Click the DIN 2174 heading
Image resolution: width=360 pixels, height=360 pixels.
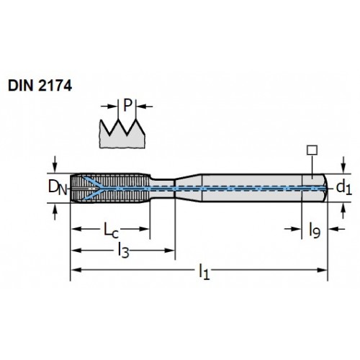click(x=40, y=86)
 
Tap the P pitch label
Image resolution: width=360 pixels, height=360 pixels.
click(x=127, y=105)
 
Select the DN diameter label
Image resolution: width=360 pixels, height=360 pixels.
click(x=58, y=187)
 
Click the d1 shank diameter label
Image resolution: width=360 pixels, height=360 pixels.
click(x=344, y=187)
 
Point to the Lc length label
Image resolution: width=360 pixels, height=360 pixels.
click(x=111, y=230)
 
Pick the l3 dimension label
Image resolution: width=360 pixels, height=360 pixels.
click(x=123, y=251)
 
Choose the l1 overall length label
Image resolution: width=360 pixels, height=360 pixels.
click(x=204, y=271)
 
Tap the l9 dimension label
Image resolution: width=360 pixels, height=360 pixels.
click(x=315, y=230)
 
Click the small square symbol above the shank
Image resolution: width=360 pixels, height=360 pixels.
click(x=312, y=150)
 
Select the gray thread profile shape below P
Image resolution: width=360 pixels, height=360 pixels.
click(x=122, y=137)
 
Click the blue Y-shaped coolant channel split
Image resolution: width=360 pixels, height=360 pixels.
click(x=95, y=189)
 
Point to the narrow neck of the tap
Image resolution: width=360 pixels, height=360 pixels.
click(x=162, y=189)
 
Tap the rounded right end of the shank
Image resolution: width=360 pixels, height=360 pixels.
click(x=325, y=188)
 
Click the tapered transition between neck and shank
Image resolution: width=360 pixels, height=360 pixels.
click(x=188, y=188)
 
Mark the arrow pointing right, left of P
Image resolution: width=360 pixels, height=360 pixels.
click(x=109, y=106)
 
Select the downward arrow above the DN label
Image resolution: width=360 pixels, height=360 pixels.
click(x=55, y=164)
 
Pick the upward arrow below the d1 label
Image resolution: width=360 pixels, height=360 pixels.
click(x=343, y=211)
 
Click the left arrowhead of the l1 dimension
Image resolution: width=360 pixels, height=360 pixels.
click(x=76, y=270)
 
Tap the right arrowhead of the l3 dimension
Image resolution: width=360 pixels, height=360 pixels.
click(x=169, y=251)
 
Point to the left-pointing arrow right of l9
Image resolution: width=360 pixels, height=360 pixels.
click(x=337, y=229)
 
